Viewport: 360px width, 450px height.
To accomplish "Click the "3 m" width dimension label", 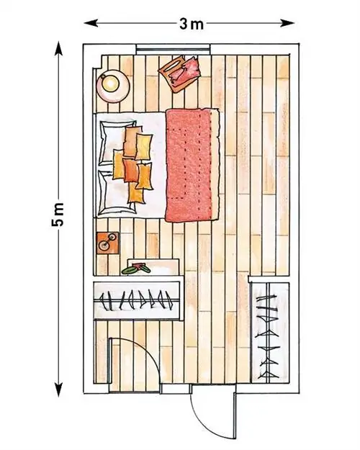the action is (x=192, y=24).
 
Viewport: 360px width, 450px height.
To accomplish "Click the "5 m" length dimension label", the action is (x=58, y=215).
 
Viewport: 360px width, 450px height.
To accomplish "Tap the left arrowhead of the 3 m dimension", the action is (x=91, y=23).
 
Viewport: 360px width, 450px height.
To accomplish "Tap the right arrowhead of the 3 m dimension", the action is (x=288, y=23).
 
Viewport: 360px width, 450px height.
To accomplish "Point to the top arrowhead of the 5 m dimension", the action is (x=58, y=49).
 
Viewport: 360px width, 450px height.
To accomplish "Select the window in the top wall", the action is (x=173, y=48).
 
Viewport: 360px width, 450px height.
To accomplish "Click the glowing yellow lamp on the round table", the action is (x=110, y=84).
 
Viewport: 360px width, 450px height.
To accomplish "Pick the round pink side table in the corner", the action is (x=113, y=86).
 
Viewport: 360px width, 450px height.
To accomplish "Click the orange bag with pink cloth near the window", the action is (x=180, y=73).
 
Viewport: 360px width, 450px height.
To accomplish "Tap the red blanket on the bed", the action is (x=192, y=165).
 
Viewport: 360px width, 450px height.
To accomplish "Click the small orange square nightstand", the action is (x=108, y=243).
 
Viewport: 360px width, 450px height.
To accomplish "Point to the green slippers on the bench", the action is (x=136, y=269).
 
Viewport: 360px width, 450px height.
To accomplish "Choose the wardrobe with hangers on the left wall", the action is (x=138, y=300).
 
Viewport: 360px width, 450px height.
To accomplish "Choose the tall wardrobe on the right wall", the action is (x=270, y=333).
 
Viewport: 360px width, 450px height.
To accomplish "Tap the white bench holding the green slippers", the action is (x=153, y=267).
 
